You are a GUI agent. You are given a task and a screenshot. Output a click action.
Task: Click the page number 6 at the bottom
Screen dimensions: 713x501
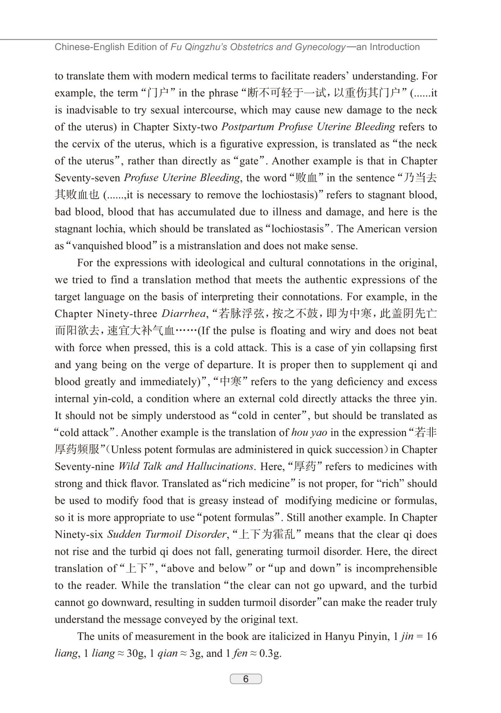tap(245, 679)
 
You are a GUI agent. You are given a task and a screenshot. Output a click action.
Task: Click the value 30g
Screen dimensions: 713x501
tap(136, 654)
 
